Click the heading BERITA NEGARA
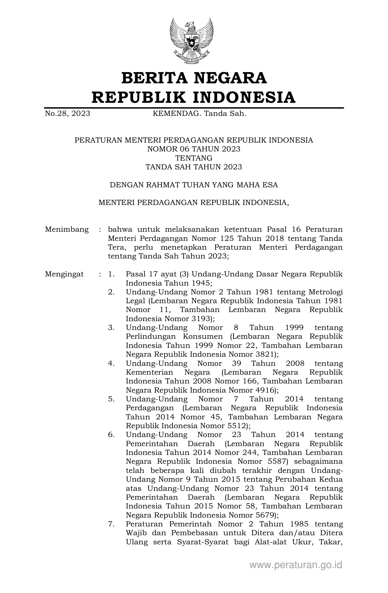point(194,78)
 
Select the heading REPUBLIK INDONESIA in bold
point(194,97)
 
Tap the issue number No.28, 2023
point(68,114)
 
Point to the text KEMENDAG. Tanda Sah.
point(199,114)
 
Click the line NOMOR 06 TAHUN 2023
point(194,149)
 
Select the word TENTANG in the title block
point(194,158)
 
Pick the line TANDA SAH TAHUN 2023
point(194,167)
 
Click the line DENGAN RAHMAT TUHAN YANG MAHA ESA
point(194,185)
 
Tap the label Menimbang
point(67,229)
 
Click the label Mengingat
point(64,274)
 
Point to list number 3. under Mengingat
point(111,328)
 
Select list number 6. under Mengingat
point(111,435)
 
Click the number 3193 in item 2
point(200,319)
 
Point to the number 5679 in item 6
point(264,515)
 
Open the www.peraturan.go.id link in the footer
point(296,565)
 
